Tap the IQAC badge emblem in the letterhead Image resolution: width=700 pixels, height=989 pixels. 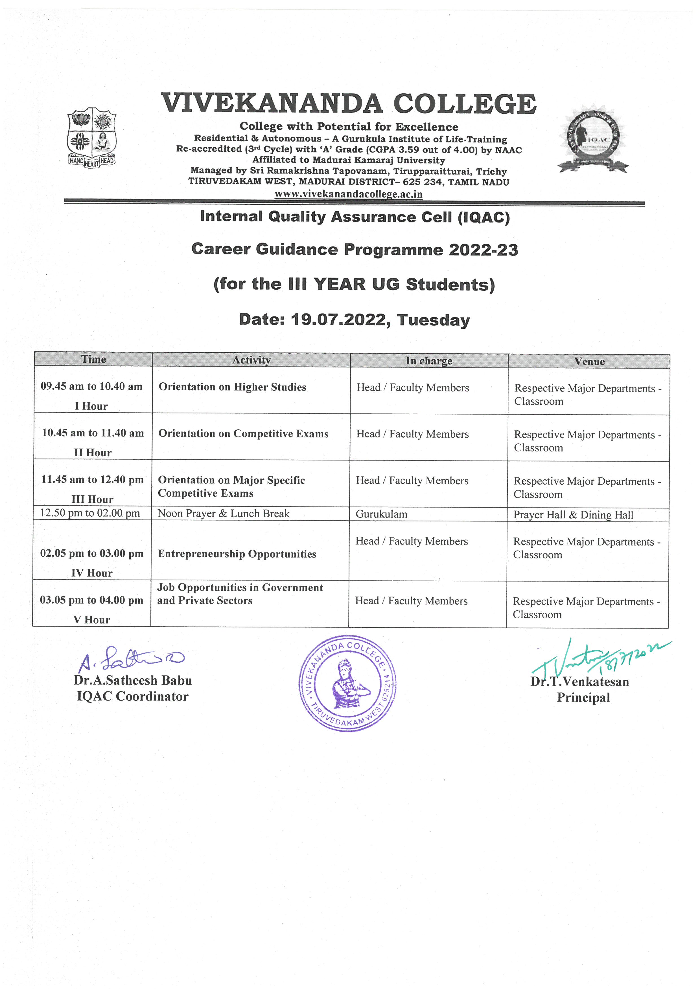pos(593,139)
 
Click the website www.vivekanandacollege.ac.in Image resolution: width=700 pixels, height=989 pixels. pos(348,194)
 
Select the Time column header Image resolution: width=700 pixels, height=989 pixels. pos(93,359)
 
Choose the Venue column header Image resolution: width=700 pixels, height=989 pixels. pos(589,362)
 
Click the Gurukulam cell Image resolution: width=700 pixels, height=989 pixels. pos(381,514)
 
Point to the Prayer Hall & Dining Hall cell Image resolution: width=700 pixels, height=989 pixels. pos(573,515)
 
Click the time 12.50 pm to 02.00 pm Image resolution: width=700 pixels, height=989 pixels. pos(90,513)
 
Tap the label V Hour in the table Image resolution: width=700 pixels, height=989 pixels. pos(91,620)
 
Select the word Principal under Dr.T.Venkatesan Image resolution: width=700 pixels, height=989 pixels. pos(583,698)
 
